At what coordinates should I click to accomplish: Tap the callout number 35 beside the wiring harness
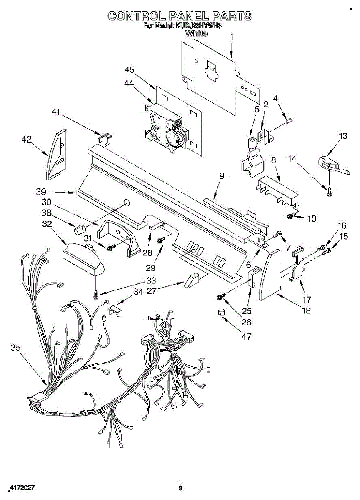[15, 348]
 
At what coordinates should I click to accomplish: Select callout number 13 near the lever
[342, 136]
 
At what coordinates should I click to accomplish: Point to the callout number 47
[247, 336]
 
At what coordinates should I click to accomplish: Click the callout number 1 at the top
[232, 37]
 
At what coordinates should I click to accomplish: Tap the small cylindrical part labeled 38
[79, 229]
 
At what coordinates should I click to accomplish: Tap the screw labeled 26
[220, 296]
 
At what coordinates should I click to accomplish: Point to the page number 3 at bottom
[180, 487]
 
